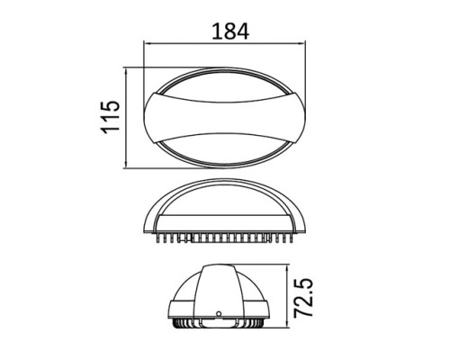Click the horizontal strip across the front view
click(x=224, y=220)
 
